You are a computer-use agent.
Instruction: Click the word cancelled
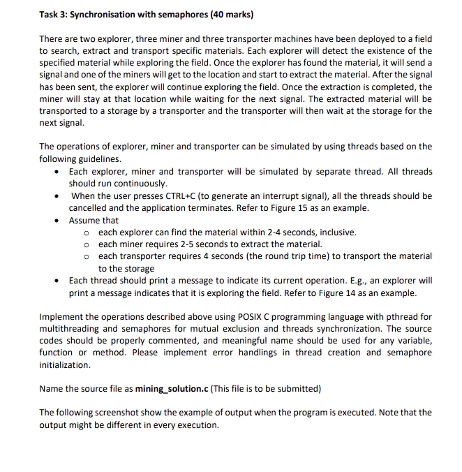(x=90, y=208)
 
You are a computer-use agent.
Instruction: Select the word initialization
(x=65, y=365)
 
